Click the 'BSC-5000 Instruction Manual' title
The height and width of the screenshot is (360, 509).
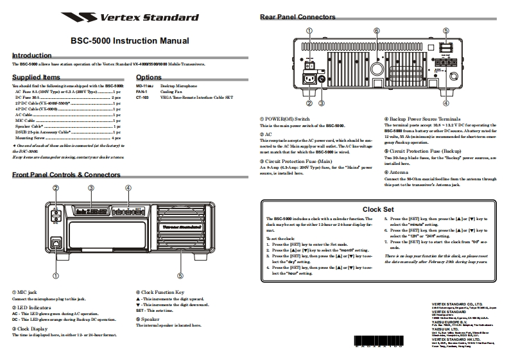130,40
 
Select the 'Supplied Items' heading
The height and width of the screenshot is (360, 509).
37,77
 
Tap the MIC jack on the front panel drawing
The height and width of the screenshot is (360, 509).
56,243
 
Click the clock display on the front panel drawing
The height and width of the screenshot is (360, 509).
92,211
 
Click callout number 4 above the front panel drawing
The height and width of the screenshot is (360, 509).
128,187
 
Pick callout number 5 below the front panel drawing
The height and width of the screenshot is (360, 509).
180,276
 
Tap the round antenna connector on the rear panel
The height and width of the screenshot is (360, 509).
377,68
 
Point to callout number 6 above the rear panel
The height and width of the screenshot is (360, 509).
376,31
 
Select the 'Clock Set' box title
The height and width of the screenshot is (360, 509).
378,209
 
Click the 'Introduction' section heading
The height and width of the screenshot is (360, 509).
32,56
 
